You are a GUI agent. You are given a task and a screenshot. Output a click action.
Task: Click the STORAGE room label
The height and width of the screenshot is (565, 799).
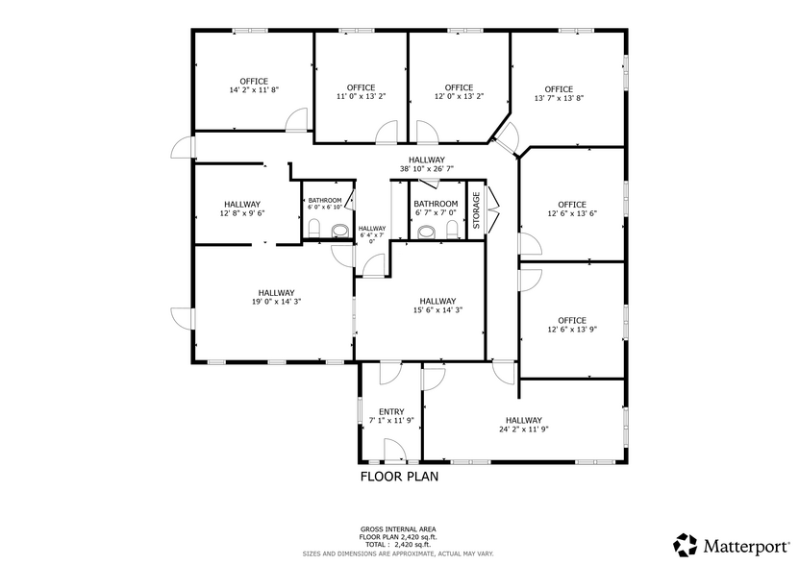point(475,210)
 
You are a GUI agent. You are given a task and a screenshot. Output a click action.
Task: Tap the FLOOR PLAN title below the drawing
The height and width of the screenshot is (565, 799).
point(399,476)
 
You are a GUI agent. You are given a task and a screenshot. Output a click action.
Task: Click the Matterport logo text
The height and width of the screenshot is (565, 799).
point(748,545)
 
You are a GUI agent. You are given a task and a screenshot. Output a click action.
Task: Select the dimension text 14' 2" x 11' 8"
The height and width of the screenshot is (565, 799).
point(254,90)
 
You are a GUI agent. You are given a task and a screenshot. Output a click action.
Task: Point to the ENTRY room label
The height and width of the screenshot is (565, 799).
point(391,411)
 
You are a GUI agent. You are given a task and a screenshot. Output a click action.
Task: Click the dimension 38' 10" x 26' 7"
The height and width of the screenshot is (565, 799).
point(426,169)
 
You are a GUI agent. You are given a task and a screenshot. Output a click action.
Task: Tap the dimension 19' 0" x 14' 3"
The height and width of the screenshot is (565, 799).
point(275,302)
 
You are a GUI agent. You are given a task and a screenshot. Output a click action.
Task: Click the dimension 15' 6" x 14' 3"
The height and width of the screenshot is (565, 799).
point(437,309)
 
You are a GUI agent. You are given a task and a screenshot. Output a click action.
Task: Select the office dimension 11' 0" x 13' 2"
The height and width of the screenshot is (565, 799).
point(361,96)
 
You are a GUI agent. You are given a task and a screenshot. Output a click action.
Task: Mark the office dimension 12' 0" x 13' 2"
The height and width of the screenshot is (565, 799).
point(459,96)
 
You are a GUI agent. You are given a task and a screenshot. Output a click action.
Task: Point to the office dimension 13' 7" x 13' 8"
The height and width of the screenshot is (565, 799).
point(559,98)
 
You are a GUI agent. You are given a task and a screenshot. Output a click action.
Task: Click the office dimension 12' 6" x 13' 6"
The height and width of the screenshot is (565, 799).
point(571,213)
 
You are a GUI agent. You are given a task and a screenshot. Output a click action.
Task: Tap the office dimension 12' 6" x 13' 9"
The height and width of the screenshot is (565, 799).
point(571,330)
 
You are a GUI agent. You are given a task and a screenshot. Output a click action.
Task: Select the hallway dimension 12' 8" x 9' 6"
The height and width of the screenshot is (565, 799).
point(242,213)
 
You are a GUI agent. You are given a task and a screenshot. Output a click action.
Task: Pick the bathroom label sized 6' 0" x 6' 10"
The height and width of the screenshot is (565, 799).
point(324,203)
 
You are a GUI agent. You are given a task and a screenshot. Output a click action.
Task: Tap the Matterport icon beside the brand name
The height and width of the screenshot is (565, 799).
point(686,545)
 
